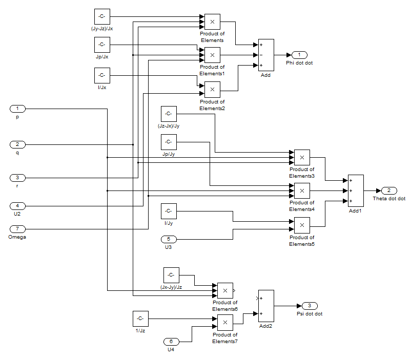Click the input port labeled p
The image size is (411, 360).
point(17,109)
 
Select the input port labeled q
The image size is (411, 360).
point(17,144)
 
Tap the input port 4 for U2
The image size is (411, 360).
point(17,206)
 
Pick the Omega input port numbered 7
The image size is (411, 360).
point(17,229)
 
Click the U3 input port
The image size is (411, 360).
point(169,239)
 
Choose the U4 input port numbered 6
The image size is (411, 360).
point(171,342)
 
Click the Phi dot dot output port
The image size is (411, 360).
point(299,55)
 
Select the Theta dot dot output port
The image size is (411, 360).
point(388,190)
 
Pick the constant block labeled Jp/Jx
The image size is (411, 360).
point(102,45)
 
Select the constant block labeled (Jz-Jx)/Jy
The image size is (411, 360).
point(169,114)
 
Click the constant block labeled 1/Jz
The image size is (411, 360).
point(140,319)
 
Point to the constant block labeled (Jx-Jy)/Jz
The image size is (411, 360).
point(171,275)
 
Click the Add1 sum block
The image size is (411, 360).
point(356,190)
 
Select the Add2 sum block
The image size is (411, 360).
point(266,306)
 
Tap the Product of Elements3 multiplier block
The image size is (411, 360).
point(302,158)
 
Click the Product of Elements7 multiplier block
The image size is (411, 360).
point(225,323)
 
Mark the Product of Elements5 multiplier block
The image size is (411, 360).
point(302,225)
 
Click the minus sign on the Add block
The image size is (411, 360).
point(261,55)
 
